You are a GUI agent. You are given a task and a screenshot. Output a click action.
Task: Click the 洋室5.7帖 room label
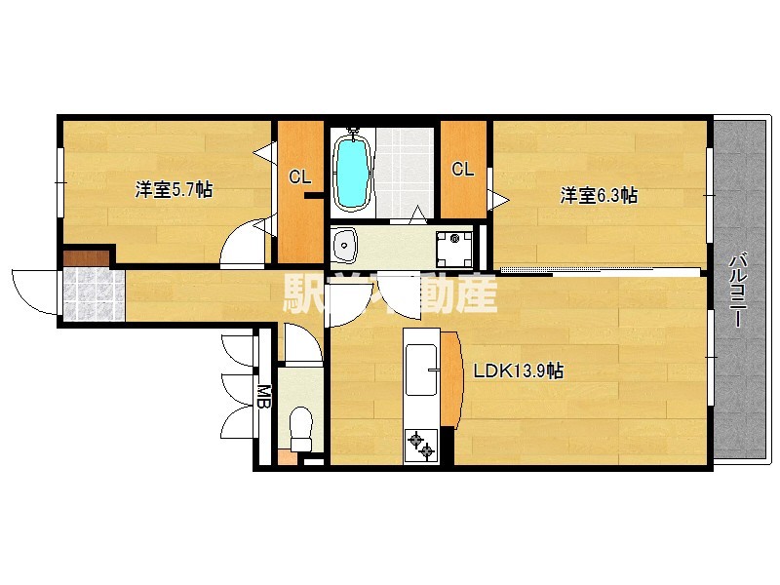pos(174,190)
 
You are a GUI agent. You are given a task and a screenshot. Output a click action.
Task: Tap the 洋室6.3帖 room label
pos(599,195)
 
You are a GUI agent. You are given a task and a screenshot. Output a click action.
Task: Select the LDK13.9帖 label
pos(518,370)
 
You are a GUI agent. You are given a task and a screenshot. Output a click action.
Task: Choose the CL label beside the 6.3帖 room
pos(462,169)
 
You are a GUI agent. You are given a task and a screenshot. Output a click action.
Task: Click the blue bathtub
pos(352,173)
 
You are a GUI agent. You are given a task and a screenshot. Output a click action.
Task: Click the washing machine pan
pos(453,248)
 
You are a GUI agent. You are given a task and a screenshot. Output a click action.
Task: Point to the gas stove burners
pos(424,445)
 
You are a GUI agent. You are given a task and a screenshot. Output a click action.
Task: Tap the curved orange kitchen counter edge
pos(450,379)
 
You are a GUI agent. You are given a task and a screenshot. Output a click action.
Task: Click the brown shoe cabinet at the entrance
pos(86,257)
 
